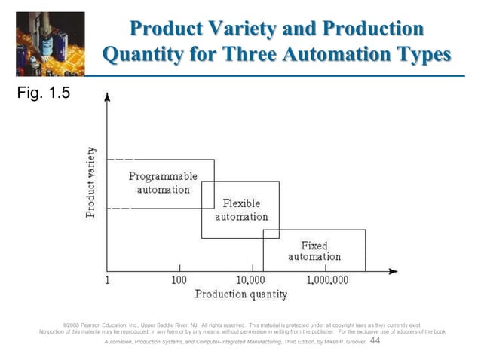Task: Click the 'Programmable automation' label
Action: pos(163,182)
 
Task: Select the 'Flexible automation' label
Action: pos(241,210)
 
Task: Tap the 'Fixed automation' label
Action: pos(314,251)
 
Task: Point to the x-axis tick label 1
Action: pos(107,279)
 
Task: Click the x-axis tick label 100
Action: pos(179,279)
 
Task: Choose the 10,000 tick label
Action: pos(252,279)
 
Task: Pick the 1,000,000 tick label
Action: pos(326,279)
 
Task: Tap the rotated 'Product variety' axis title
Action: pos(90,183)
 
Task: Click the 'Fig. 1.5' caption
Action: pos(39,96)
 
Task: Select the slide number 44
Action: pos(376,341)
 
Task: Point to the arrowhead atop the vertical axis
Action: pos(108,97)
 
